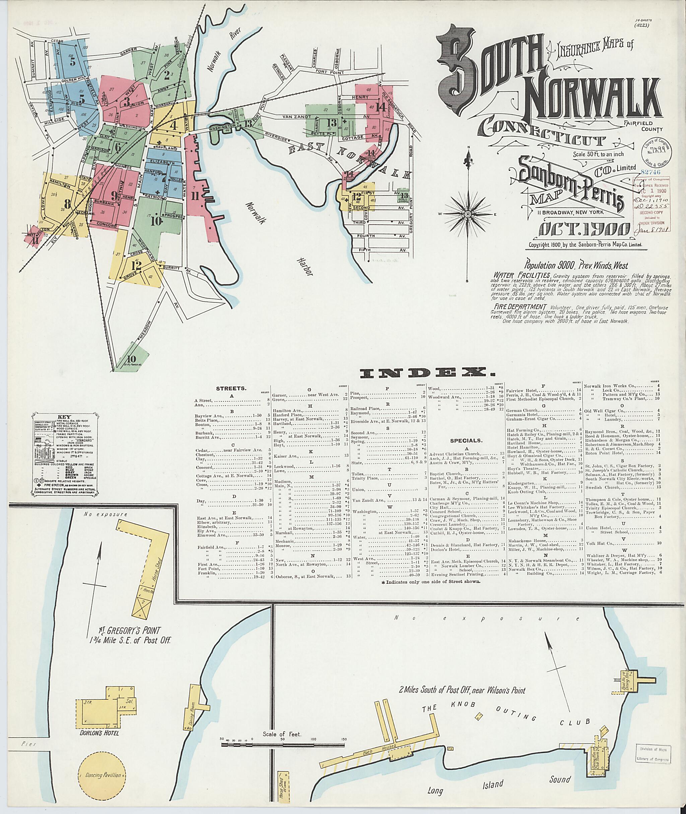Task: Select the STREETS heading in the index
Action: pyautogui.click(x=231, y=388)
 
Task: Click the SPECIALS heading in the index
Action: pyautogui.click(x=466, y=441)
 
